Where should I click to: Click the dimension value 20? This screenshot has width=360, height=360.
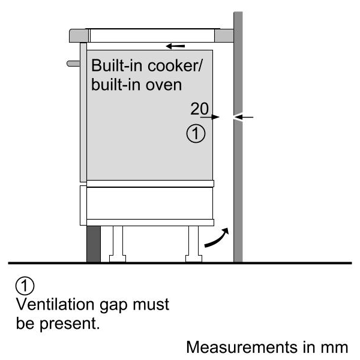[x=200, y=109]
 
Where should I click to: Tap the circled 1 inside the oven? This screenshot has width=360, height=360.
[x=196, y=134]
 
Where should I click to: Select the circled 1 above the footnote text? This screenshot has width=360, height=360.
[x=25, y=286]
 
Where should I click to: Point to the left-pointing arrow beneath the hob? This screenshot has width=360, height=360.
[x=175, y=46]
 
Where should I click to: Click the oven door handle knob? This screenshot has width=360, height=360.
[x=73, y=64]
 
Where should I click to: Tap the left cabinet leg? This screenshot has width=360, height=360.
[x=118, y=244]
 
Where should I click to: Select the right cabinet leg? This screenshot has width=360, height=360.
[x=194, y=244]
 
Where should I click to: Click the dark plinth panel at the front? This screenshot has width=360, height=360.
[x=94, y=244]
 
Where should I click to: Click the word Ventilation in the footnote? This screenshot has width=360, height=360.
[x=55, y=304]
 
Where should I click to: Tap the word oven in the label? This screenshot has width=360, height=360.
[x=164, y=85]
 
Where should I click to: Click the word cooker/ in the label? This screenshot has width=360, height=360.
[x=175, y=65]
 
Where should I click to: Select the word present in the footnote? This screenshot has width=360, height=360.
[x=70, y=324]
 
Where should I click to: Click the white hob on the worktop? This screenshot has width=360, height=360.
[x=152, y=35]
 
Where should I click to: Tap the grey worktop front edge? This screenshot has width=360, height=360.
[x=79, y=35]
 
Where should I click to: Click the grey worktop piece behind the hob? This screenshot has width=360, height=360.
[x=224, y=35]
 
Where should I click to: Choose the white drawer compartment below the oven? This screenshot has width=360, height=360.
[x=149, y=203]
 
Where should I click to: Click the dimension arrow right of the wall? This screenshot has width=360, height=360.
[x=244, y=118]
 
